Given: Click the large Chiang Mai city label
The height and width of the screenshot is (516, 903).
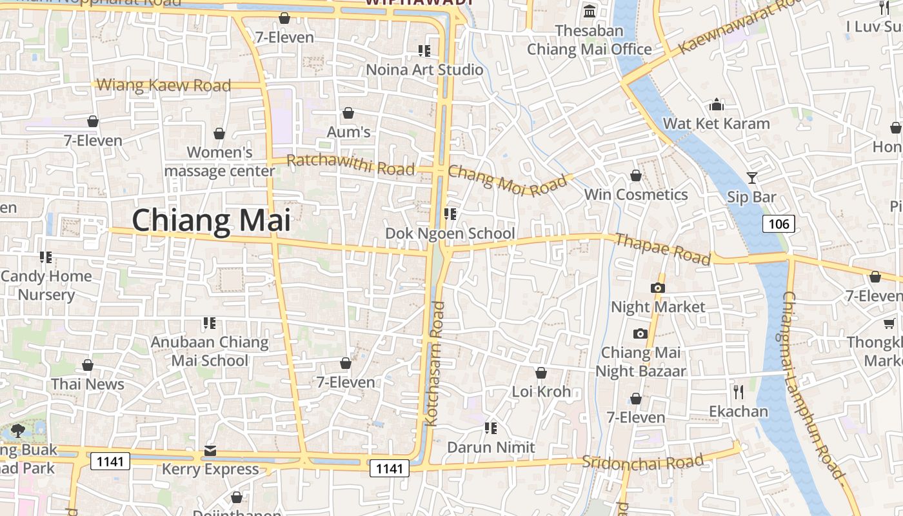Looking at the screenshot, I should (212, 221).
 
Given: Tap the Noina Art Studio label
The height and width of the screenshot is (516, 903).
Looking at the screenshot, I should (424, 70).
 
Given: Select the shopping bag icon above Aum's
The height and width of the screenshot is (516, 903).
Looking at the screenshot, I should (348, 114).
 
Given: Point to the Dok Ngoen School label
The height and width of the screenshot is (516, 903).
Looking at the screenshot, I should (450, 233).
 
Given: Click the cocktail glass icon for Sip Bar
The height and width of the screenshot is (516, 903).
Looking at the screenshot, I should (751, 177).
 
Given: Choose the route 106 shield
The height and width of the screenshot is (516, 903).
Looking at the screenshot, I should (779, 224).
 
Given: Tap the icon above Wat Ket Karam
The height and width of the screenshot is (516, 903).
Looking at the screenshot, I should (717, 104).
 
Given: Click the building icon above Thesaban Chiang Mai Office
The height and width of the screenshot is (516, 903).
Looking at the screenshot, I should (590, 12).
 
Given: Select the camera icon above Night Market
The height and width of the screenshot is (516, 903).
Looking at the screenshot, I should (658, 288).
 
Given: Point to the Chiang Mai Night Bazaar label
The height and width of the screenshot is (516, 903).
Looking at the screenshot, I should (640, 362).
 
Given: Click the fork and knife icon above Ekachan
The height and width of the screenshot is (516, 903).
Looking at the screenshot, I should (739, 392).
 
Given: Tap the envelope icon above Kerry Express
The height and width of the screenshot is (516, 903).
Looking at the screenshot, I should (210, 450).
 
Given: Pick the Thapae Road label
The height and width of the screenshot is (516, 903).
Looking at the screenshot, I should (662, 249).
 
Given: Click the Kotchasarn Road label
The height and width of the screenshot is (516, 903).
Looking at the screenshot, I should (433, 364).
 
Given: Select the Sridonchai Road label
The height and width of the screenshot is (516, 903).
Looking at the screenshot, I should (642, 462).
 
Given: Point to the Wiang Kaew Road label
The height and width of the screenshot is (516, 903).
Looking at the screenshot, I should (163, 85).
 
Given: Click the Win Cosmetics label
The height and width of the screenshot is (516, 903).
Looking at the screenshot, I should (636, 194).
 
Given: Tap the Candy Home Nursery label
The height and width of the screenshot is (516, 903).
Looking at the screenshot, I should (46, 285).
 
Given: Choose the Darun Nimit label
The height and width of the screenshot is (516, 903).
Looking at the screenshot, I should (491, 447).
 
